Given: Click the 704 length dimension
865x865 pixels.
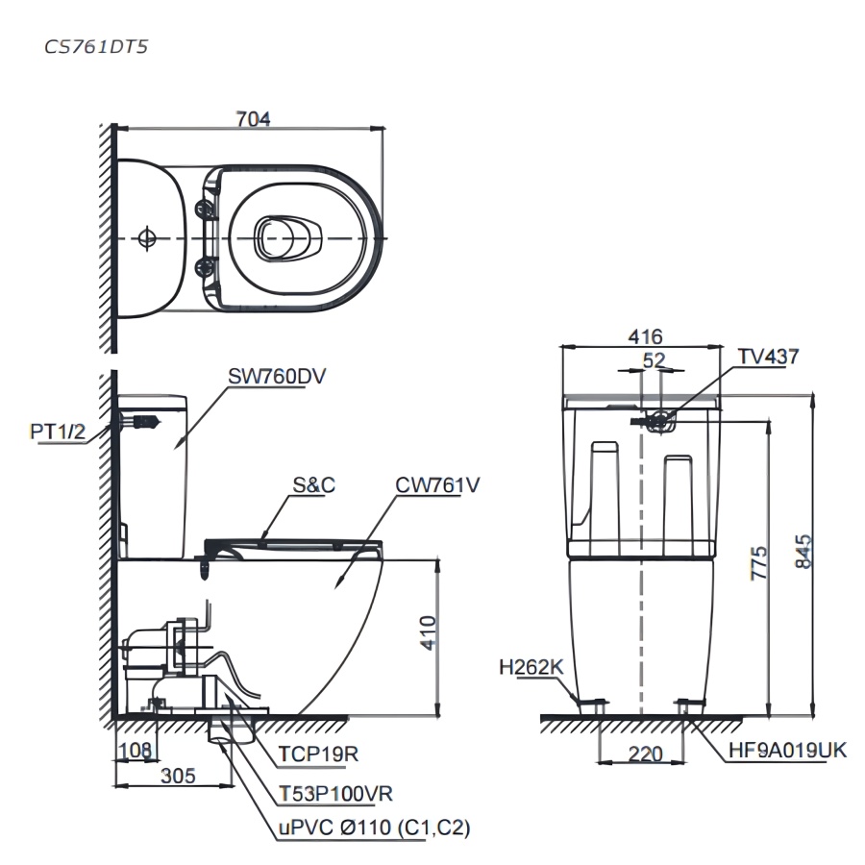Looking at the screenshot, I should click(254, 118).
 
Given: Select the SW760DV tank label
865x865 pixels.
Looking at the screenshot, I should click(278, 378).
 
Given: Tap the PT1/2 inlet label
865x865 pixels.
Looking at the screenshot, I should click(58, 432).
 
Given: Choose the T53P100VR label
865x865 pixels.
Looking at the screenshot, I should click(335, 793).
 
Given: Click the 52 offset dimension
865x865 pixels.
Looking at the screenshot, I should click(655, 359).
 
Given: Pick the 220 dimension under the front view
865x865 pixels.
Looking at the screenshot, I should click(643, 754).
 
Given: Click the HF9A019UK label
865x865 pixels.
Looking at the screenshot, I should click(787, 750).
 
